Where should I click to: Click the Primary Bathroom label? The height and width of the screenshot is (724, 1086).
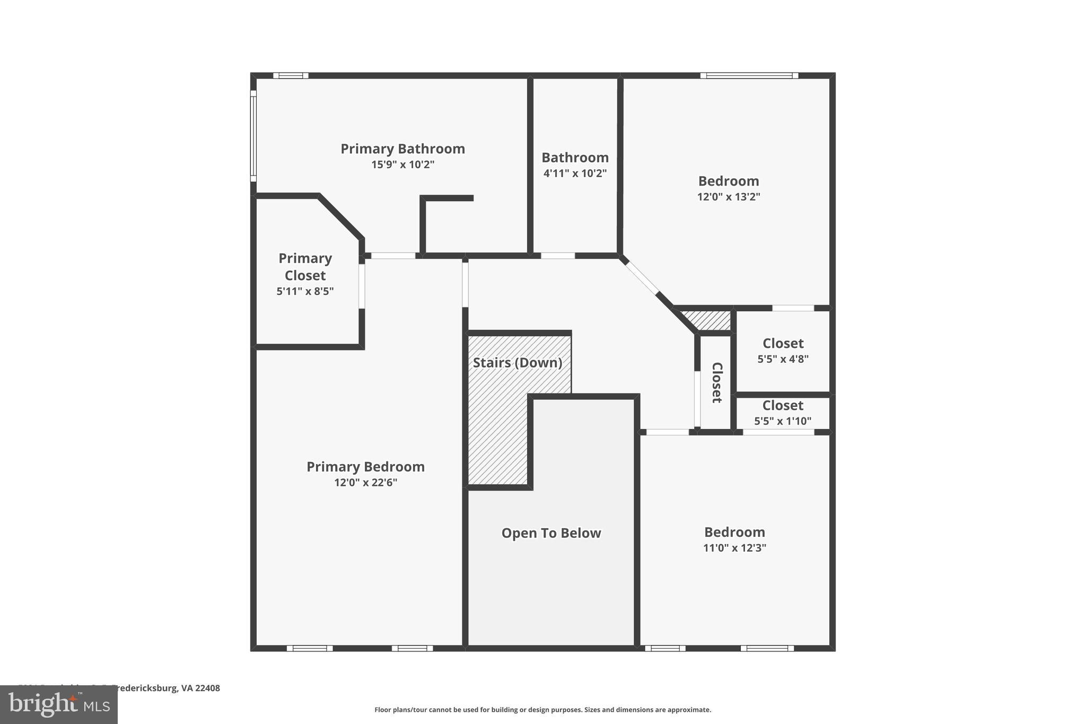[402, 149]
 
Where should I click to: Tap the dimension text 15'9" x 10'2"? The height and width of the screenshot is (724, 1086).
[402, 165]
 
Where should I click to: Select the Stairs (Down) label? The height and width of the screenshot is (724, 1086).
[517, 363]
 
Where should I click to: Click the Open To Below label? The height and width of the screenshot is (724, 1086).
[551, 533]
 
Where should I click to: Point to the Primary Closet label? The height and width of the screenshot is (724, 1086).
[305, 267]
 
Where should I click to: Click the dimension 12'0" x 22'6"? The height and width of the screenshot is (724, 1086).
[365, 483]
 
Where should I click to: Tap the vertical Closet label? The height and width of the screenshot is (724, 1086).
[716, 382]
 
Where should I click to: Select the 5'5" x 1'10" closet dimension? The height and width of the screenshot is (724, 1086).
[783, 421]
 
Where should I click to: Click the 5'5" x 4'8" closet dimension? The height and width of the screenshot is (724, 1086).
[783, 359]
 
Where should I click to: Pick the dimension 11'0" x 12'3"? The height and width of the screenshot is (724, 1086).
[734, 548]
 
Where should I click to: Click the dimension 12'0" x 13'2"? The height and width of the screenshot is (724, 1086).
[729, 197]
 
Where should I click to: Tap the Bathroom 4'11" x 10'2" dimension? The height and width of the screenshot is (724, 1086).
[575, 173]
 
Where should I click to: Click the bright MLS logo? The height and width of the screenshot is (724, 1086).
[58, 704]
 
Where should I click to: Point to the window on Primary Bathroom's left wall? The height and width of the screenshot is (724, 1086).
[253, 136]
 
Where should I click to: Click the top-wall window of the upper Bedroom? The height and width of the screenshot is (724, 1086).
[749, 76]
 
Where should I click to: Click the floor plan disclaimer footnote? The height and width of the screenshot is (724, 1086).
[542, 710]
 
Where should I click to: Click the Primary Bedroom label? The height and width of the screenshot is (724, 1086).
[365, 467]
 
